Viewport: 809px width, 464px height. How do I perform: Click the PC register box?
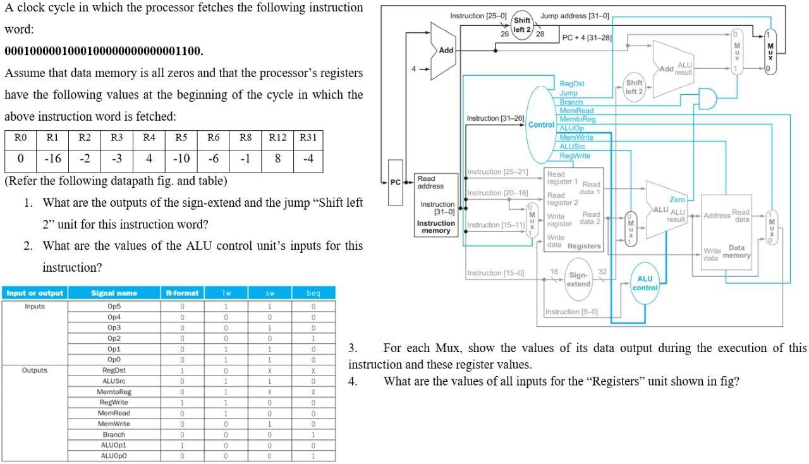tap(395, 182)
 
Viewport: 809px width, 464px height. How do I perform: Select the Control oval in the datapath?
tap(540, 125)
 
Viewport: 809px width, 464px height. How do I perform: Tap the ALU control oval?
tap(645, 283)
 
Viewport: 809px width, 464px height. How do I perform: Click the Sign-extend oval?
tap(578, 279)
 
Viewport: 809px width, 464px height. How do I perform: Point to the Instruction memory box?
tap(435, 205)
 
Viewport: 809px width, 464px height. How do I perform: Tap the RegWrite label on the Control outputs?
tap(575, 156)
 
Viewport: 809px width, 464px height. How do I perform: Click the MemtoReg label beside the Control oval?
tap(578, 119)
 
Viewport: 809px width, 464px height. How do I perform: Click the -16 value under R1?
tap(52, 159)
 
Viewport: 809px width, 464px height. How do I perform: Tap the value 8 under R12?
tap(277, 159)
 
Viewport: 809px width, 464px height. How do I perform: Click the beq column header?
tap(313, 293)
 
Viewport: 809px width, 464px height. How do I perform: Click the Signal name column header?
tap(114, 293)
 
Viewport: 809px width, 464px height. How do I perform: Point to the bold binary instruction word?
tap(104, 51)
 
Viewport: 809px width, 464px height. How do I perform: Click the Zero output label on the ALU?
tap(677, 199)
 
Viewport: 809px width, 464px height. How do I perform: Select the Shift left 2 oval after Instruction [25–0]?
tap(522, 25)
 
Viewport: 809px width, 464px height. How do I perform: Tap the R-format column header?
tap(182, 293)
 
